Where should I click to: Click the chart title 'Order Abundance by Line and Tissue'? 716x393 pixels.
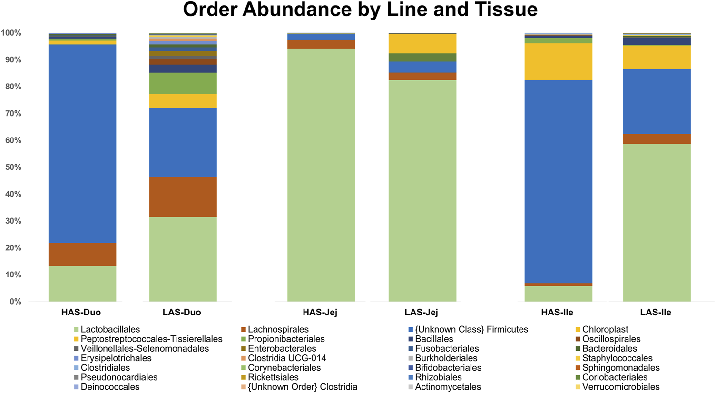tap(360, 10)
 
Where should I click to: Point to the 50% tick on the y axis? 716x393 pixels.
tap(11, 167)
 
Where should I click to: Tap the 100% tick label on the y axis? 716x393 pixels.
tap(11, 33)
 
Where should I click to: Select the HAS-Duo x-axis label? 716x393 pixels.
tap(81, 313)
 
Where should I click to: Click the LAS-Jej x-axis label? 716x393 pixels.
tap(421, 313)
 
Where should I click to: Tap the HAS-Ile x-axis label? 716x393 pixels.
tap(557, 313)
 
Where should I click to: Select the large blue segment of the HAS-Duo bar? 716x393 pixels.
tap(82, 143)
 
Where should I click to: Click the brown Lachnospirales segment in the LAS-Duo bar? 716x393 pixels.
tap(183, 197)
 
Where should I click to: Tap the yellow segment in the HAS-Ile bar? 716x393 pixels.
tap(558, 61)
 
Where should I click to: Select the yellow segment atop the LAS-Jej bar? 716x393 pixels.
tap(422, 43)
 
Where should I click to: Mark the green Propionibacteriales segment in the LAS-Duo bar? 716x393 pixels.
tap(183, 83)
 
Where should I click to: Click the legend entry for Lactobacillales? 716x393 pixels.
tap(110, 329)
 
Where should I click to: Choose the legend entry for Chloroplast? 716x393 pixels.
tap(605, 329)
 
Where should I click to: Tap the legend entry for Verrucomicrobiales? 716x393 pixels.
tap(620, 387)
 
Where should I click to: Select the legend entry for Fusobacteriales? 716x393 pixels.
tap(446, 349)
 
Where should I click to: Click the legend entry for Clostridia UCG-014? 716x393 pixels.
tap(286, 358)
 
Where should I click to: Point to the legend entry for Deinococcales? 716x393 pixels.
tap(109, 387)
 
